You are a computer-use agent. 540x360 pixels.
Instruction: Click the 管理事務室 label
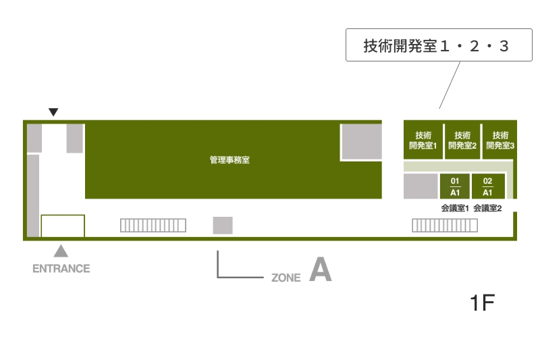point(230,160)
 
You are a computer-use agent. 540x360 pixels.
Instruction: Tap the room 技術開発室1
point(423,140)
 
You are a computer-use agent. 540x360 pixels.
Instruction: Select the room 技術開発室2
point(462,140)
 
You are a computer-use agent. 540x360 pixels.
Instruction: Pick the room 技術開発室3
point(500,140)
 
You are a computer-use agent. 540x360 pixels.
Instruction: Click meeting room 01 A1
point(454,186)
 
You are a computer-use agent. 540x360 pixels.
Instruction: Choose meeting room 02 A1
point(487,186)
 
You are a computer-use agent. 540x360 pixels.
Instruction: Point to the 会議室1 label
point(455,208)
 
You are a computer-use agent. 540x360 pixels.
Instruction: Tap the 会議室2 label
point(487,208)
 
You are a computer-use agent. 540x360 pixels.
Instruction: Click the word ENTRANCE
point(61,269)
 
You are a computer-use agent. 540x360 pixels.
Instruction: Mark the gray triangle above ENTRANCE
point(61,252)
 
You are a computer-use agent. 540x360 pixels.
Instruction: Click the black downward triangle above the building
point(53,112)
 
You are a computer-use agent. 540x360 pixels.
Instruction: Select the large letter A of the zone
point(320,269)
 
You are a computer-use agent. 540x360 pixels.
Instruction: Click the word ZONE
point(286,278)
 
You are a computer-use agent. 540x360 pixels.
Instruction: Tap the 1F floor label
point(483,303)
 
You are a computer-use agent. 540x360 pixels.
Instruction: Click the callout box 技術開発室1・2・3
point(439,45)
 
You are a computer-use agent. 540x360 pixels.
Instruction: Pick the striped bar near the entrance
point(153,226)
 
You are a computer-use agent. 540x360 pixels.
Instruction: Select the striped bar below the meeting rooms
point(445,226)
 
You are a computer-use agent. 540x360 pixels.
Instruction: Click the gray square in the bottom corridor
point(223,226)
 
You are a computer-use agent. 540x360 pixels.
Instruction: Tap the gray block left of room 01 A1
point(421,186)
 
